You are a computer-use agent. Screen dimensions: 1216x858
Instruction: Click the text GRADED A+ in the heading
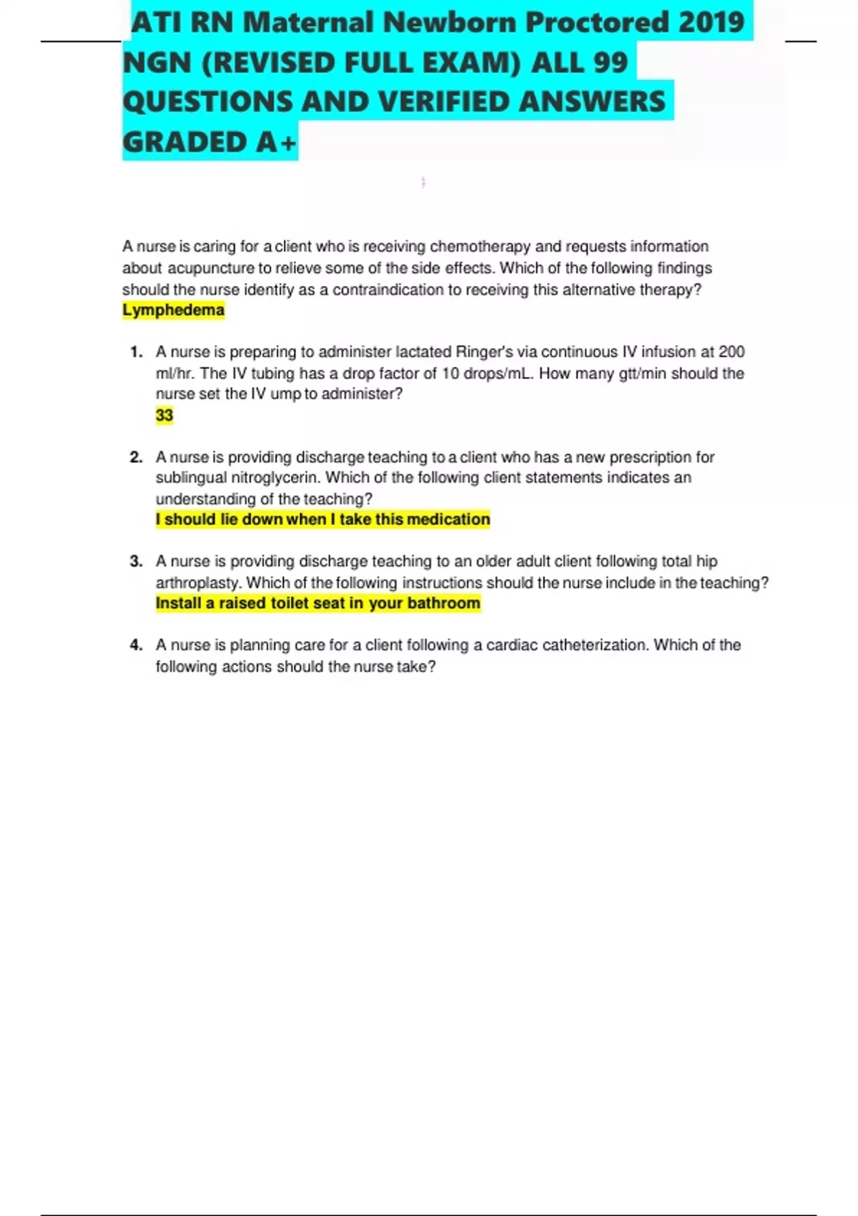coord(209,142)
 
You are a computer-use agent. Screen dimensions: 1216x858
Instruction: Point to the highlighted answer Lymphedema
coord(173,310)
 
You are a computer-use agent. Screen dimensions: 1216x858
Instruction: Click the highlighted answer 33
coord(164,416)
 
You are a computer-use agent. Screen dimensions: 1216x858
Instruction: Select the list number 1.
coord(137,352)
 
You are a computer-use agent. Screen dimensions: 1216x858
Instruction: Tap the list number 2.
coord(137,457)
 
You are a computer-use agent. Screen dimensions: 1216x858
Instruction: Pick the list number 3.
coord(137,562)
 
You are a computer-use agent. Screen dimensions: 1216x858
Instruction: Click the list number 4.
coord(137,645)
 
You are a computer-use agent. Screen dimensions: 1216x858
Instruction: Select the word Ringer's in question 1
coord(484,352)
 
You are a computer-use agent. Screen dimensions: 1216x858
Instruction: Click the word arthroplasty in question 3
coord(198,583)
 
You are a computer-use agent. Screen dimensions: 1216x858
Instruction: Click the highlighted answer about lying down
coord(323,519)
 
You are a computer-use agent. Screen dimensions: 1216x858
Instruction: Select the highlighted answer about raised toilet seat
coord(318,604)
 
